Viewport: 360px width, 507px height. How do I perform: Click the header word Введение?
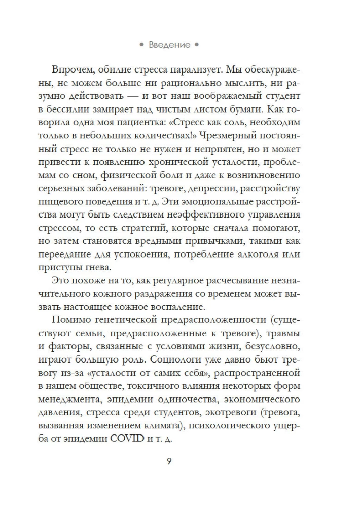(x=170, y=45)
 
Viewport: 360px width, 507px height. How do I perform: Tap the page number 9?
(x=169, y=462)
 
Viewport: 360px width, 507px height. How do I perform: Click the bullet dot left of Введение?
(x=142, y=45)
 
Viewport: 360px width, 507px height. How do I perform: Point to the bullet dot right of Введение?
(x=197, y=45)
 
